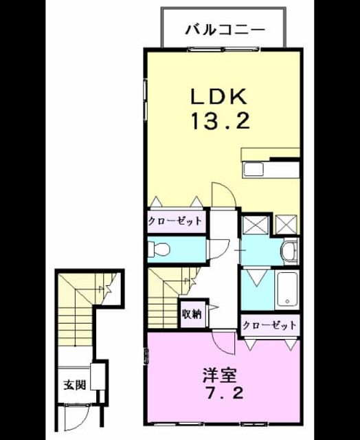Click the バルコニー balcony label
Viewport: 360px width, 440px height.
[225, 30]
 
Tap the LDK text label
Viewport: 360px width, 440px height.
[219, 97]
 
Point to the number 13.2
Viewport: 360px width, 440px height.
[220, 121]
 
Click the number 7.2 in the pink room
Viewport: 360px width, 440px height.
[224, 393]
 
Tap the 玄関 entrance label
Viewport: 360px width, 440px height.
[74, 384]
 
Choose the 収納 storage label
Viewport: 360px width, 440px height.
[192, 314]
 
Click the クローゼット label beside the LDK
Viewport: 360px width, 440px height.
[175, 221]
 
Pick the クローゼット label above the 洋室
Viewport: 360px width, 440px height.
[269, 325]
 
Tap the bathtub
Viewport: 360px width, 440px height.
[287, 290]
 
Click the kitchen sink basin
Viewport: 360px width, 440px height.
[254, 170]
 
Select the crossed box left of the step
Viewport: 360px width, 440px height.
[255, 224]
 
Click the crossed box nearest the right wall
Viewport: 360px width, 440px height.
[286, 224]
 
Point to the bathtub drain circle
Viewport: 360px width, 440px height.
[286, 301]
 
